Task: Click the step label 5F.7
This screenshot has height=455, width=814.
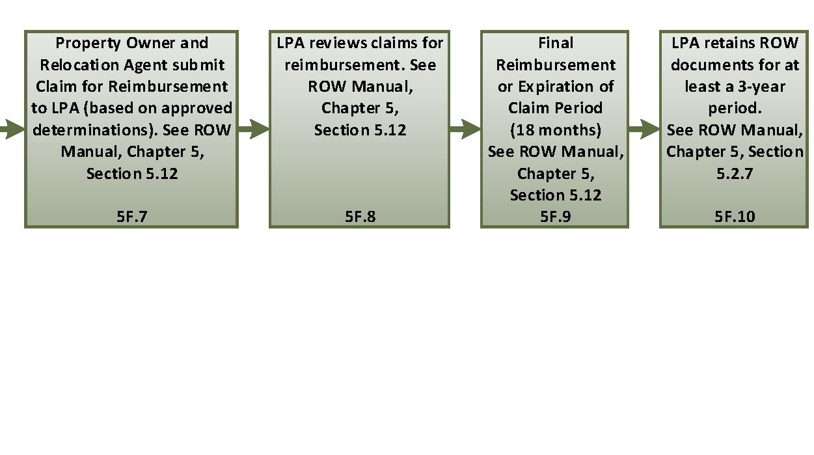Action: tap(131, 217)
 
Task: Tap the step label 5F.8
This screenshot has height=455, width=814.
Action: tap(360, 217)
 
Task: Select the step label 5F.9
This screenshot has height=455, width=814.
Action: tap(555, 217)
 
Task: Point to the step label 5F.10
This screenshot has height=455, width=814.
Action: tap(735, 217)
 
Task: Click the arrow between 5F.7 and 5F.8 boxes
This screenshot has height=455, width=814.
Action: tap(254, 130)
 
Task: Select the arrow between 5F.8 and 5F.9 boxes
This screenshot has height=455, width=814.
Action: tap(465, 130)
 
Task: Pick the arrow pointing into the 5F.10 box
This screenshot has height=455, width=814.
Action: tap(644, 130)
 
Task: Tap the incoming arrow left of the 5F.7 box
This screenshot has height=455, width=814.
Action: tap(12, 130)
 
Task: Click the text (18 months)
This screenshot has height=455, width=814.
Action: tap(555, 130)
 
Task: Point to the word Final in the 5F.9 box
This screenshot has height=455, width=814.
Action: tap(556, 43)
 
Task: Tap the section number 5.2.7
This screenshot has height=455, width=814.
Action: tap(735, 173)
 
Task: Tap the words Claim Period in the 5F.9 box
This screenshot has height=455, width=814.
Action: tap(555, 108)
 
